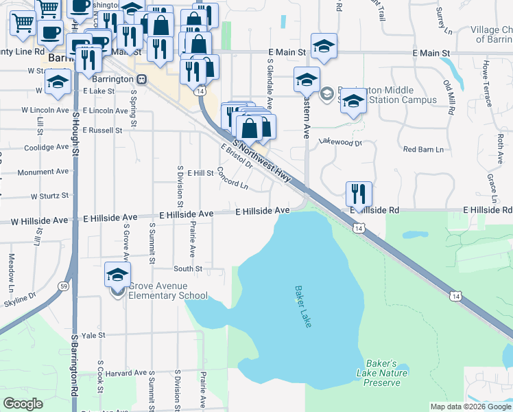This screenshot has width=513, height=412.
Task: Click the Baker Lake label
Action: (x=302, y=306)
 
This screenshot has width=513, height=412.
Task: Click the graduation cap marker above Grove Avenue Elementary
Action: (x=118, y=275)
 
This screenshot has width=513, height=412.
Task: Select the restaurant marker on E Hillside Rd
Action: (x=359, y=194)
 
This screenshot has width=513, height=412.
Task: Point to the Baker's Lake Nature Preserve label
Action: (x=382, y=373)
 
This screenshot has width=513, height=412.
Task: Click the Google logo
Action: (x=23, y=404)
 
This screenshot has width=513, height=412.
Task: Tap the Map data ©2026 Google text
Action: (x=470, y=407)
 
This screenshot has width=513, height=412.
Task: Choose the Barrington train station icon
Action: (x=141, y=79)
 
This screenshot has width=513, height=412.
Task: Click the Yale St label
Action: (x=93, y=336)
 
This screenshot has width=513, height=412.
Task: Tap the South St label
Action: (x=187, y=269)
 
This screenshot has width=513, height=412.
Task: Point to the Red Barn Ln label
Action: (x=423, y=149)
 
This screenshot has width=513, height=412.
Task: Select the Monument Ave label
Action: (x=44, y=172)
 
